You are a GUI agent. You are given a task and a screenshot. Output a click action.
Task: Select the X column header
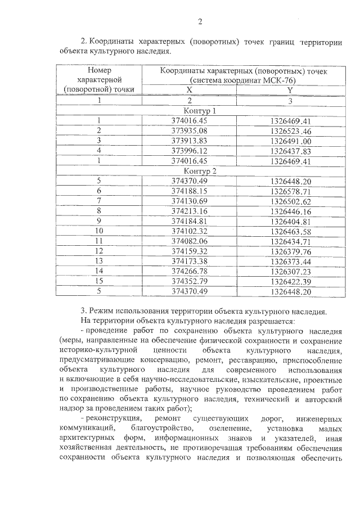[189, 91]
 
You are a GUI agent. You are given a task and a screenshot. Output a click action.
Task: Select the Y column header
[290, 91]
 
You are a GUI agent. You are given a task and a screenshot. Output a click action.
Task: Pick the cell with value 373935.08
[189, 130]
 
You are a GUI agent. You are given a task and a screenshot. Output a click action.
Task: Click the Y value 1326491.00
[290, 141]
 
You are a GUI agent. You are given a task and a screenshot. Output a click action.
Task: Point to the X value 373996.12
[189, 151]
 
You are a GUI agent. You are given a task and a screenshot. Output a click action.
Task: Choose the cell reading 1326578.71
[290, 191]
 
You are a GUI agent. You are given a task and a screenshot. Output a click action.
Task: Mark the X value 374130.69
[189, 201]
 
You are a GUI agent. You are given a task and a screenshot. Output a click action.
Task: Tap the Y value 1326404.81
[290, 221]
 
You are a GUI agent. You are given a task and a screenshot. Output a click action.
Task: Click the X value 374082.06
[189, 241]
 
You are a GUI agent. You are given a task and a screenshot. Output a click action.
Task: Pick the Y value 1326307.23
[290, 271]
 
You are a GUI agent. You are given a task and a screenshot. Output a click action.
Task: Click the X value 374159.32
[189, 251]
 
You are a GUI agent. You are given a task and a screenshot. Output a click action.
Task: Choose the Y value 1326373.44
[290, 261]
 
